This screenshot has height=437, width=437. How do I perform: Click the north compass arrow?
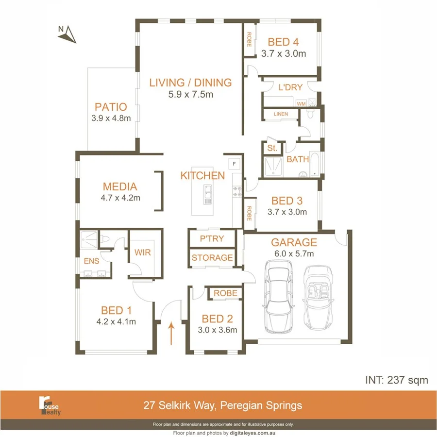68,34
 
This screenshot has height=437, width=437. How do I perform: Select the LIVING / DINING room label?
190,83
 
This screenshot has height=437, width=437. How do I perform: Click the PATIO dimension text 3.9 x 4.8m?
111,118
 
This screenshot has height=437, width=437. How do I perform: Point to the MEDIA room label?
120,186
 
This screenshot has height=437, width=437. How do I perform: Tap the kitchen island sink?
207,193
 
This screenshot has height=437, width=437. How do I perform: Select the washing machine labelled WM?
301,103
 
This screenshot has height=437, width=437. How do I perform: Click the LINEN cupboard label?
281,114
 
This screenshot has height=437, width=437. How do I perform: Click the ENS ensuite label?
91,261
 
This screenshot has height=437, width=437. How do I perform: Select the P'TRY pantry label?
212,239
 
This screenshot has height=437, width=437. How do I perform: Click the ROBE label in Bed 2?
225,293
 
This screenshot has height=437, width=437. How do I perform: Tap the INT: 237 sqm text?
396,380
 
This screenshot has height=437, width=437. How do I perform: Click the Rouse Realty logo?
50,405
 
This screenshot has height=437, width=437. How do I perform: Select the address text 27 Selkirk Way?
223,405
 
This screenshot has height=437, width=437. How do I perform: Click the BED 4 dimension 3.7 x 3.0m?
284,54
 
